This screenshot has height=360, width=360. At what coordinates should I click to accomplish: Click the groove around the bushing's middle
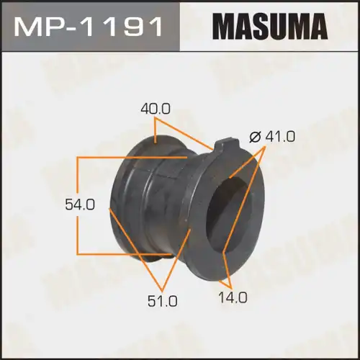pyautogui.click(x=150, y=209)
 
